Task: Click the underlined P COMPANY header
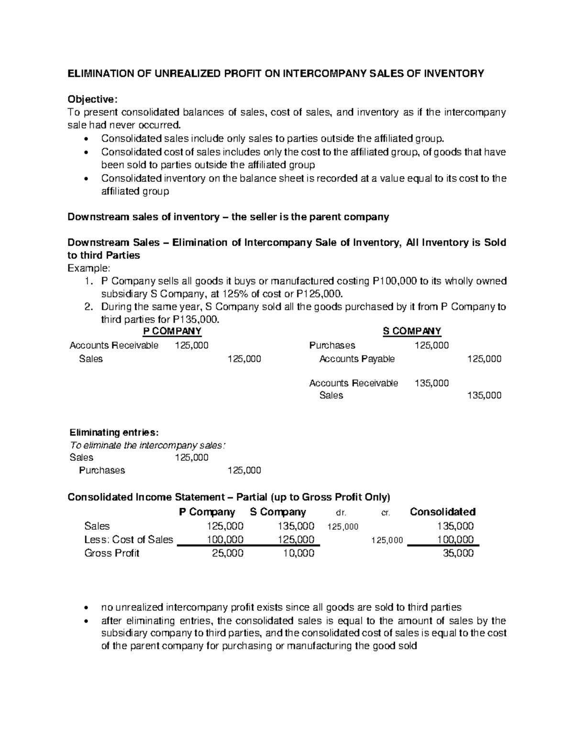coord(173,331)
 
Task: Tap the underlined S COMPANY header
coord(412,331)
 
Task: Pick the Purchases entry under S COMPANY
coord(332,345)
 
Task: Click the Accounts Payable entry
coord(357,359)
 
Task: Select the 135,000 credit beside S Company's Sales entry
coord(484,395)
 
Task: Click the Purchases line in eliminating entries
coord(102,470)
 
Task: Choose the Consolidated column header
coord(442,512)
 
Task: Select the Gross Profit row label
coord(111,554)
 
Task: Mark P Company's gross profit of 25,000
coord(227,554)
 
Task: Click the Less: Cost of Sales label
coord(129,540)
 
